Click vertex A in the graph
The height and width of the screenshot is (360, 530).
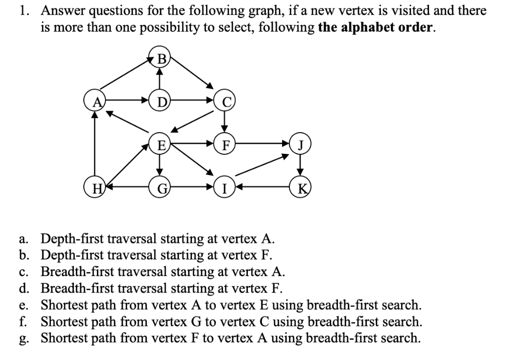pos(94,99)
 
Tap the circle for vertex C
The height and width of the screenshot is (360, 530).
pos(224,99)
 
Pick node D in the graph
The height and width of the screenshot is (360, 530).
pos(160,99)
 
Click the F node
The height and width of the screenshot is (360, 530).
pos(224,143)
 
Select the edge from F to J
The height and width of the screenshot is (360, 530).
pos(261,143)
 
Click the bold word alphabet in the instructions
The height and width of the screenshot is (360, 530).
pos(367,27)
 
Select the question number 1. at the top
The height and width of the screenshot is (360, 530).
pos(25,10)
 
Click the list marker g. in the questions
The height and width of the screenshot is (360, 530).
pos(23,338)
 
